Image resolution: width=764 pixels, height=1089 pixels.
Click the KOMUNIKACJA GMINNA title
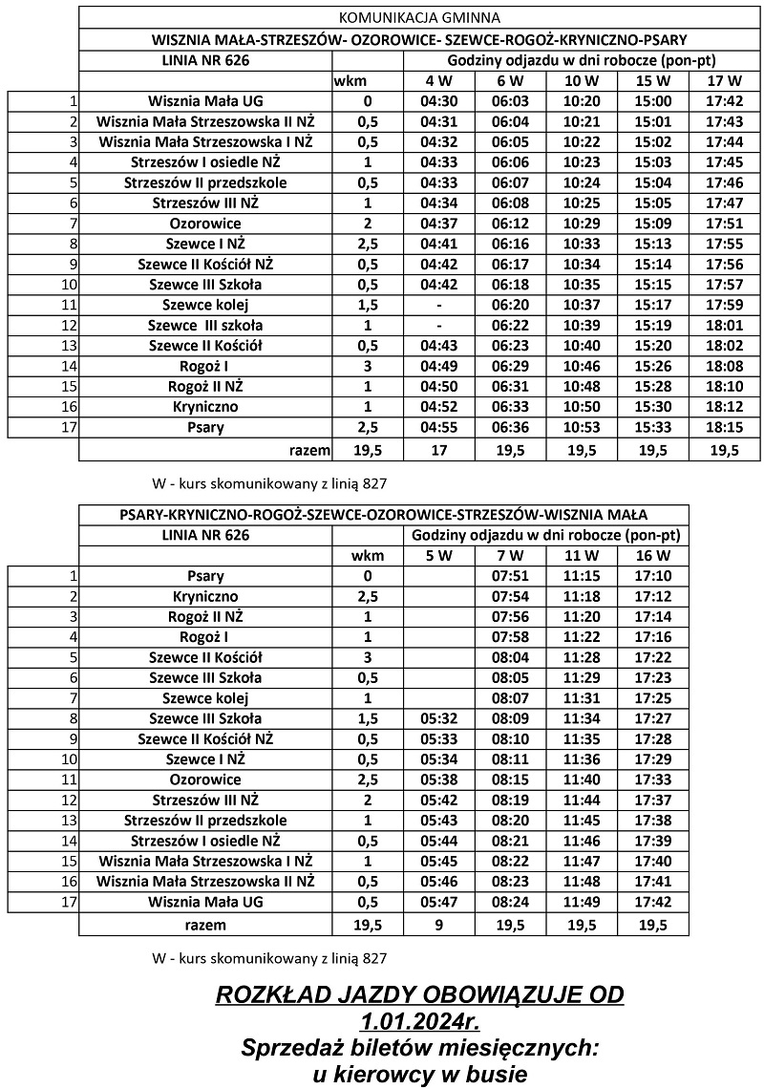click(419, 17)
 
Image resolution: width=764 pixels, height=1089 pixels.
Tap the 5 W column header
click(439, 555)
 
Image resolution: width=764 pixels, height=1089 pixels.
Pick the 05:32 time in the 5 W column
click(439, 718)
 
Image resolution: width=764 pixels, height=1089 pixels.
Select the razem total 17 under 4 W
click(439, 449)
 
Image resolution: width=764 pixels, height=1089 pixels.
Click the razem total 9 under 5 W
click(439, 924)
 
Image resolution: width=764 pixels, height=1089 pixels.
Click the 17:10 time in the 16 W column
click(652, 576)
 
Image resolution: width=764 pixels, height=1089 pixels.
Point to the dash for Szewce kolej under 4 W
click(439, 306)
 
